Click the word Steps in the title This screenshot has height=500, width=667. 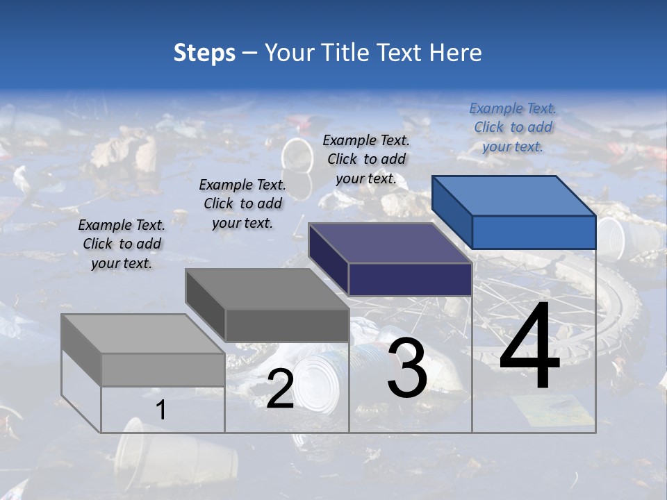204,53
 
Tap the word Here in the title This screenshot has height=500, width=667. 456,53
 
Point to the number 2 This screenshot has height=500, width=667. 280,389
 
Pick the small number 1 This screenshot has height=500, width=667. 161,410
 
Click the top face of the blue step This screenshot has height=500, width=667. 514,196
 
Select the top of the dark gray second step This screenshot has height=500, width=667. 267,289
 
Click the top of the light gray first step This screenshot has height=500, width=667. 142,334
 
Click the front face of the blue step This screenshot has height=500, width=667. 534,232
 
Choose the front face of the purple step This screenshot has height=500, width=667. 410,279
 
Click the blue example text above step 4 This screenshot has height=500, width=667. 513,127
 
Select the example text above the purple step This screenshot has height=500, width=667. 366,159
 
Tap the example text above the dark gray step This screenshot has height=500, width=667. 242,203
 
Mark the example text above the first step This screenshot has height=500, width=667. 122,244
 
